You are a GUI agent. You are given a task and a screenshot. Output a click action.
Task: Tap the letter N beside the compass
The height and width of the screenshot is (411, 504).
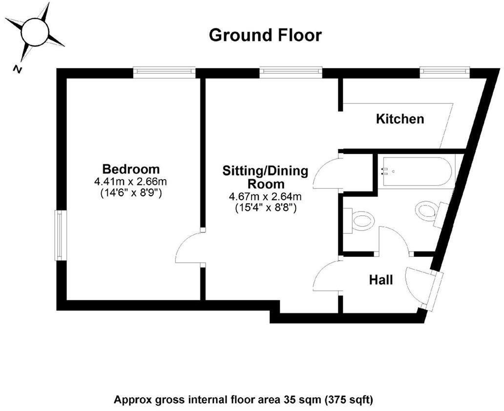(x=18, y=70)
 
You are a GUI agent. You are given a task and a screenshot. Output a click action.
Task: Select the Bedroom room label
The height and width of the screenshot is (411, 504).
(x=133, y=169)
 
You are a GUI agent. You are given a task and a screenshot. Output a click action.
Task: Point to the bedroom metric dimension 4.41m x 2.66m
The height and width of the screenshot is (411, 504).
(x=134, y=182)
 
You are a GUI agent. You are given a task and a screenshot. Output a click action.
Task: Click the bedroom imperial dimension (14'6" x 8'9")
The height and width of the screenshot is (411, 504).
(x=134, y=193)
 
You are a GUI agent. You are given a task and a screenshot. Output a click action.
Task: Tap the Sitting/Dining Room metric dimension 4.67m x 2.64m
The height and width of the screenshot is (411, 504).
(x=266, y=197)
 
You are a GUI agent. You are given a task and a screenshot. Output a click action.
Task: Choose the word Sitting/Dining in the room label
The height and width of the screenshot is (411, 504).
(x=266, y=171)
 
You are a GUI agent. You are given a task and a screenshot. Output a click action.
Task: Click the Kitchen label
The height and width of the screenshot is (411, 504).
(x=399, y=118)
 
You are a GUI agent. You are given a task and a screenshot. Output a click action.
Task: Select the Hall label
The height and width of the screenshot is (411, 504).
(x=381, y=280)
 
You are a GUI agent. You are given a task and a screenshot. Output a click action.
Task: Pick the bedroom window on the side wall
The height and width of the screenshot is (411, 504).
(x=58, y=235)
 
